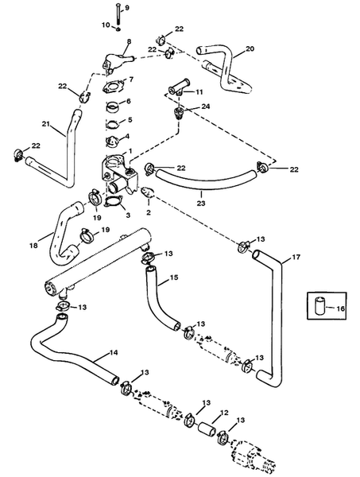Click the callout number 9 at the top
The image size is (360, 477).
tap(126, 8)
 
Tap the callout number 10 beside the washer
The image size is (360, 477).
tap(106, 25)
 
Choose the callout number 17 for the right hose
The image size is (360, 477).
tap(296, 257)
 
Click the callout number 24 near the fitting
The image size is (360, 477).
tap(206, 107)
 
